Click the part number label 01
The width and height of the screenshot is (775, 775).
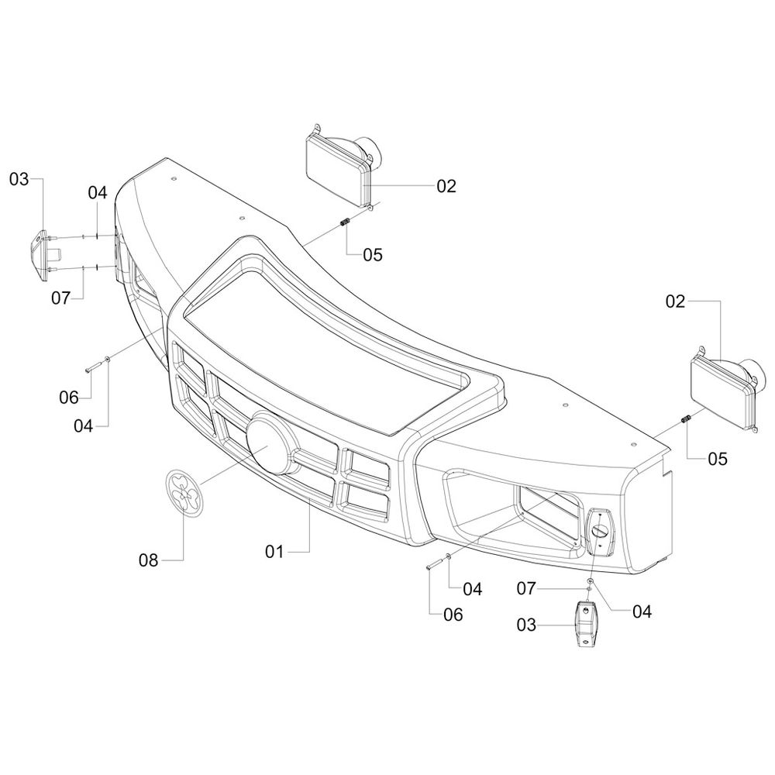click(x=275, y=551)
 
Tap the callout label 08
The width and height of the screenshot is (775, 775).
click(x=148, y=560)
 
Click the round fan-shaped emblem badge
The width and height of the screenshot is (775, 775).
click(x=184, y=493)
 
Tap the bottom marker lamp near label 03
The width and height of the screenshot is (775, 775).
click(x=586, y=623)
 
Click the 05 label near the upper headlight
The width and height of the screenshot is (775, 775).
click(x=373, y=255)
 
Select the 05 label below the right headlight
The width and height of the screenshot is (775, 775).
click(x=718, y=459)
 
